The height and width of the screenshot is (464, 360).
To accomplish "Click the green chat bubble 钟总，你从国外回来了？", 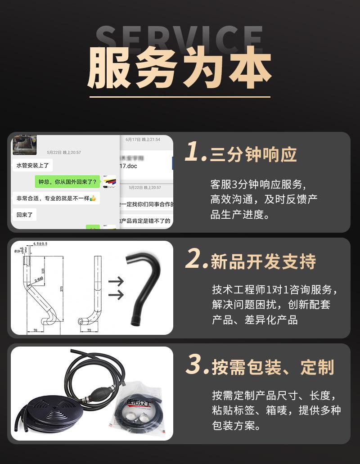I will [x=67, y=182].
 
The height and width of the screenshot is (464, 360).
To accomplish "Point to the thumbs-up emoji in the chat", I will [x=93, y=198].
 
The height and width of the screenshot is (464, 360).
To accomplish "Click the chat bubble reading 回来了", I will [x=25, y=215].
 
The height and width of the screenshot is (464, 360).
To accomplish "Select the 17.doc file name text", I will [x=129, y=166].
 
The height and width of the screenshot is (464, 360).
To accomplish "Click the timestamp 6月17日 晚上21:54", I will [x=143, y=140].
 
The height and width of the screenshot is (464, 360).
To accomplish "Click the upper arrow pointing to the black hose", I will [x=116, y=282].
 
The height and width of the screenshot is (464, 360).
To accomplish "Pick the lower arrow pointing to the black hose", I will [x=116, y=295].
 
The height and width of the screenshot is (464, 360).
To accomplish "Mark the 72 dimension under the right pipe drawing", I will [x=89, y=330].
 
